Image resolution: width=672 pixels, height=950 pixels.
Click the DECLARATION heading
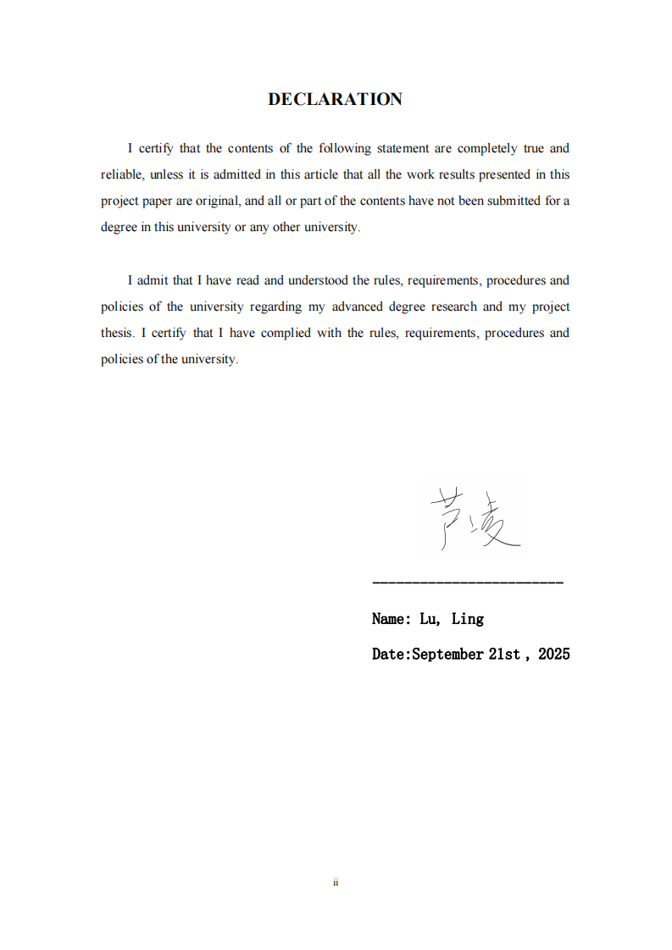[335, 99]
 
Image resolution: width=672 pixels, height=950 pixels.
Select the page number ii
[336, 882]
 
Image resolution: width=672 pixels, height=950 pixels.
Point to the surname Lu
[430, 619]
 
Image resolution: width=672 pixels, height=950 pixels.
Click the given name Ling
[467, 619]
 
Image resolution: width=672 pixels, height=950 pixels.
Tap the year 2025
[553, 654]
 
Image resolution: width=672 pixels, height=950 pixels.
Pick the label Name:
[392, 619]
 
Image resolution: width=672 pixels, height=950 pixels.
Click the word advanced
[358, 307]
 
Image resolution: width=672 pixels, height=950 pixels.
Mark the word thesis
[117, 333]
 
